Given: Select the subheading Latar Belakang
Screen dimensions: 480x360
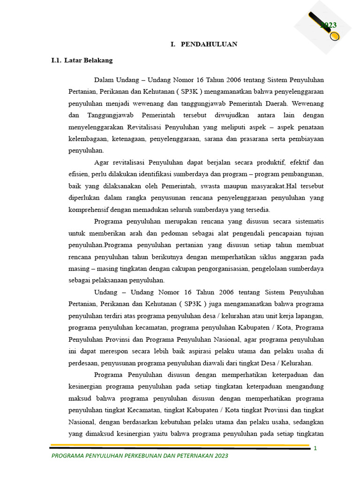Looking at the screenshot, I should (89, 60).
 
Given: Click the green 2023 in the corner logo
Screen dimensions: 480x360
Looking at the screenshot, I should (329, 25).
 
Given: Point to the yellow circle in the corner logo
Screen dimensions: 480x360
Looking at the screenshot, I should (334, 36).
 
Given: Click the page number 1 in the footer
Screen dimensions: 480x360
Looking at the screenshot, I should (315, 448).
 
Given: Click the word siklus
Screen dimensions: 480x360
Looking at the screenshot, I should (257, 257).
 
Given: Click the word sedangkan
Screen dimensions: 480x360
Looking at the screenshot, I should (307, 421).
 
